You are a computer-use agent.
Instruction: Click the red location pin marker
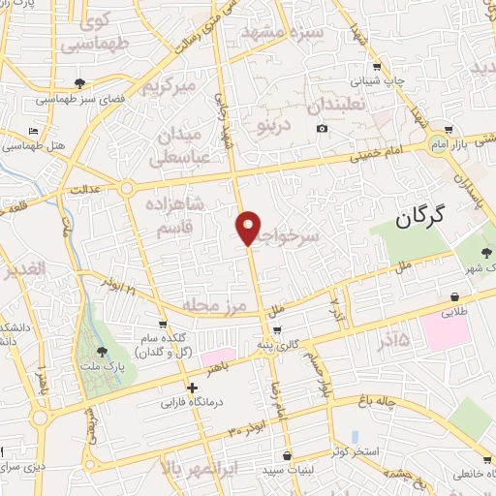pyautogui.click(x=249, y=228)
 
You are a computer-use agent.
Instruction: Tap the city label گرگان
pyautogui.click(x=432, y=217)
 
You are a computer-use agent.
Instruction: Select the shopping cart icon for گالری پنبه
pyautogui.click(x=279, y=330)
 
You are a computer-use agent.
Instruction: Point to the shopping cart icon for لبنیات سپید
pyautogui.click(x=287, y=455)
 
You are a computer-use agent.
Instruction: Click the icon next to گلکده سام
pyautogui.click(x=163, y=325)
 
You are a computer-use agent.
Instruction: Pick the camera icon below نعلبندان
pyautogui.click(x=322, y=129)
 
